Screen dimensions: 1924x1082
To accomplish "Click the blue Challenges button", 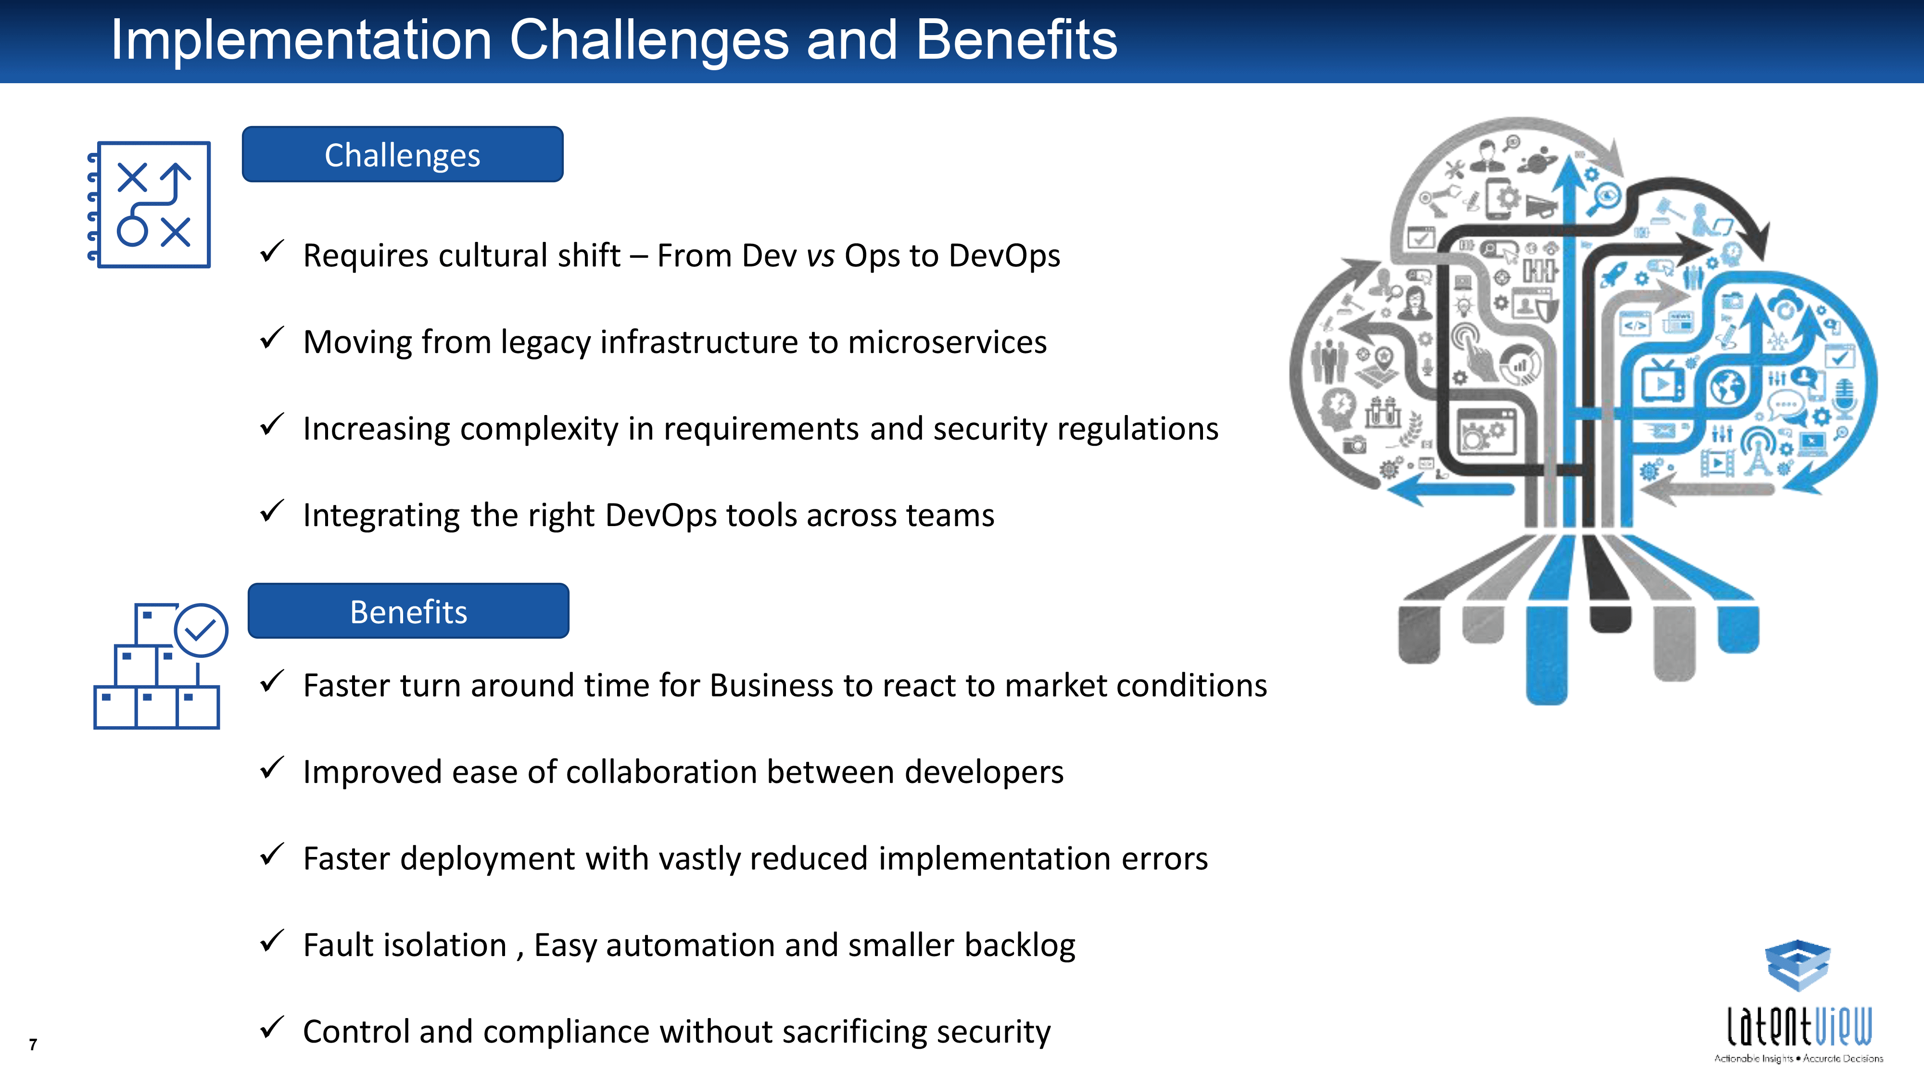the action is coord(403,154).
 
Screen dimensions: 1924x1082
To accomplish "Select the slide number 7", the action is coord(33,1044).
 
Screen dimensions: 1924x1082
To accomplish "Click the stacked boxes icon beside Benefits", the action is coord(160,666).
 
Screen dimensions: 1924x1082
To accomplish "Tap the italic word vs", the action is coord(820,256).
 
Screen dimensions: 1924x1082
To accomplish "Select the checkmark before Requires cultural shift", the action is coord(272,251).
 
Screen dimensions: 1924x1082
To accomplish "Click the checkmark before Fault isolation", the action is coord(272,941).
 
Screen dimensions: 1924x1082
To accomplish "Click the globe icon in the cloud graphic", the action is coord(1728,387).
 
